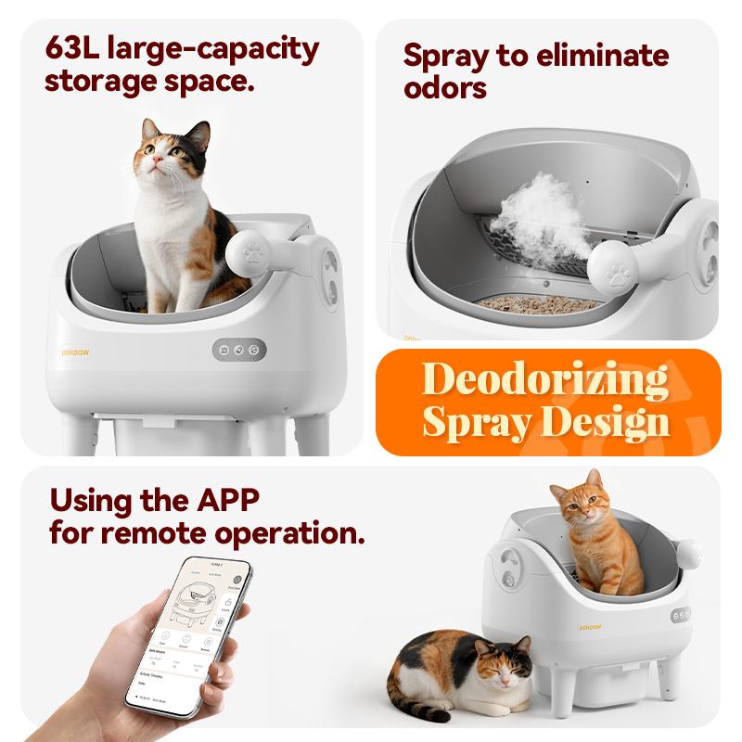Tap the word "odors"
click(x=445, y=89)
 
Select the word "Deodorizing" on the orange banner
click(x=545, y=380)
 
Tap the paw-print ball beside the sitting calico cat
click(x=251, y=251)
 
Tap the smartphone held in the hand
click(x=191, y=635)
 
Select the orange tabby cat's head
click(x=577, y=505)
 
